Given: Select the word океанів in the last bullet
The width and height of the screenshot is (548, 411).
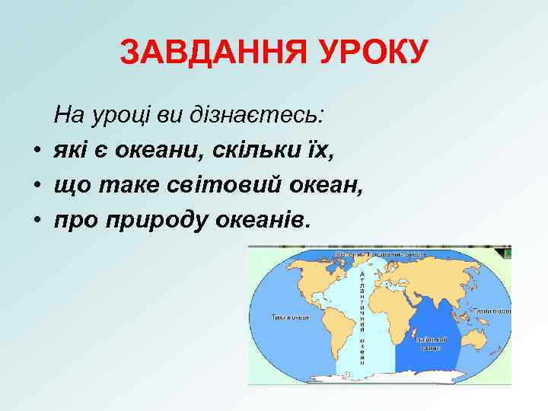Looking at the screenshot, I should (263, 220).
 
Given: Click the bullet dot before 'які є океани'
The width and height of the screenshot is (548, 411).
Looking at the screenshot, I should (37, 151).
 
